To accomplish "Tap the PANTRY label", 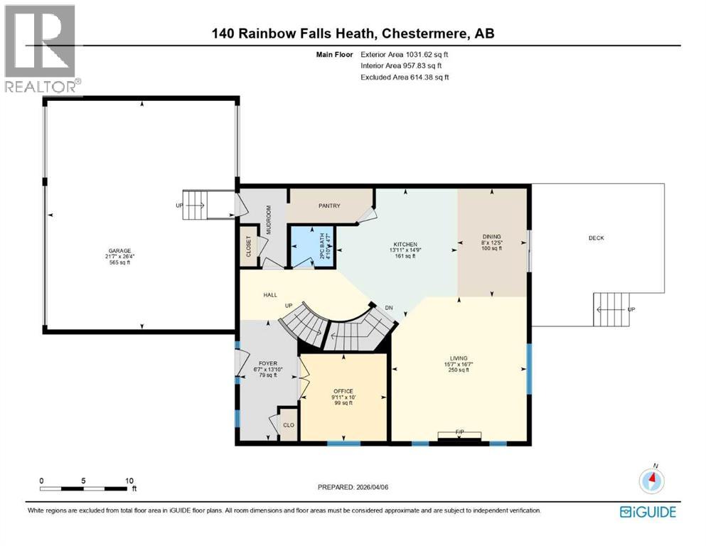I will point(329,206).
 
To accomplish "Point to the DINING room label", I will point(491,237).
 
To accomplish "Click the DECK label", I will point(596,238).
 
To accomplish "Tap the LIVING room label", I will point(459,358).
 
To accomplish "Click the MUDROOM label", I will point(269,220).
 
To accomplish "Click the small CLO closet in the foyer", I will point(288,425).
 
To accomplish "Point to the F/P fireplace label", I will point(459,432).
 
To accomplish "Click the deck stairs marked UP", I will point(611,309).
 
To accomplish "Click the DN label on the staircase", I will point(388,308).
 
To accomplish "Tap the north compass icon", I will point(651,481).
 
